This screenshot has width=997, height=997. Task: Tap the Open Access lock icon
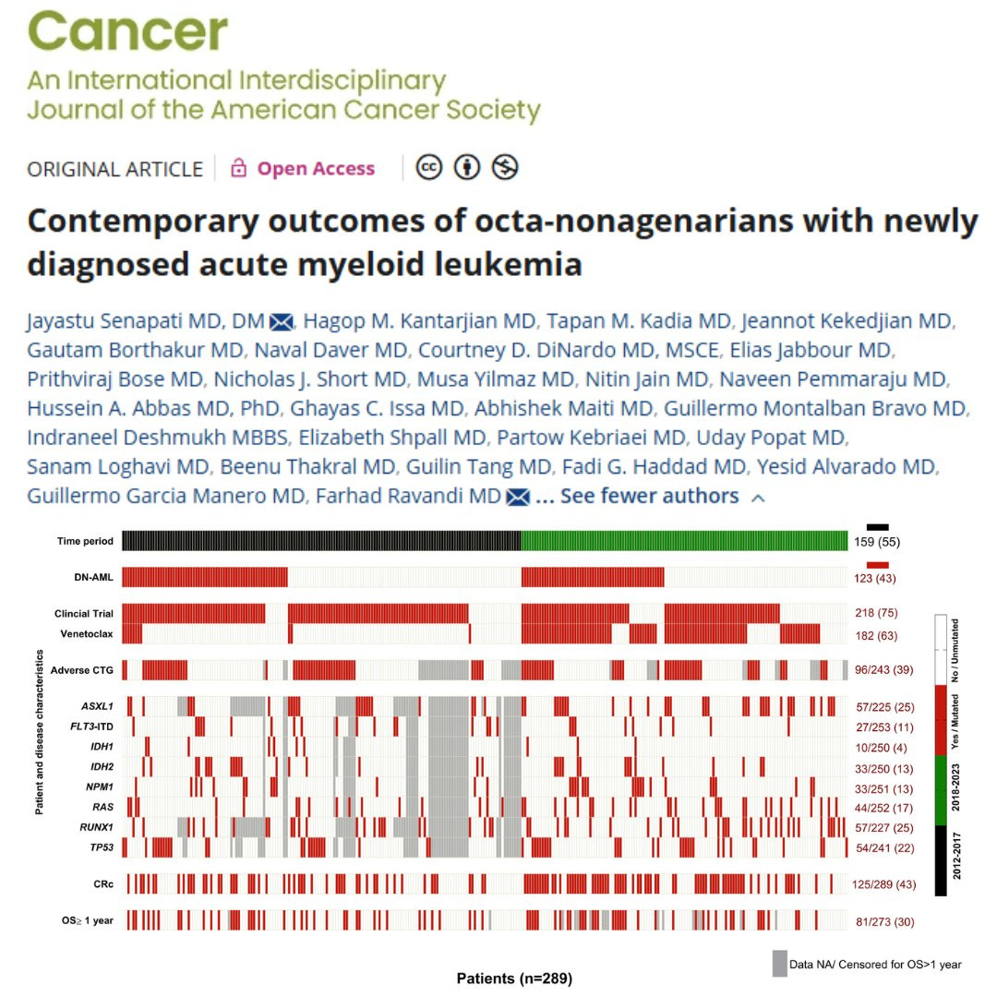pos(239,168)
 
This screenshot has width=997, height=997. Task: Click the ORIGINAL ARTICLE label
pos(114,169)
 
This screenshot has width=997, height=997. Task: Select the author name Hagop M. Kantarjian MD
pos(419,321)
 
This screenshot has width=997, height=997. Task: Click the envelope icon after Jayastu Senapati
pos(281,322)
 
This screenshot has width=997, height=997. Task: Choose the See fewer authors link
pos(649,496)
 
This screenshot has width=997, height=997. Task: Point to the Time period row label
pos(84,541)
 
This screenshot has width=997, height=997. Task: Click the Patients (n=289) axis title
pos(514,978)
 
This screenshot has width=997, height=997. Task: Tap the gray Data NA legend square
pos(780,963)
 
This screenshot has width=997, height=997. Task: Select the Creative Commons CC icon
pos(429,167)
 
